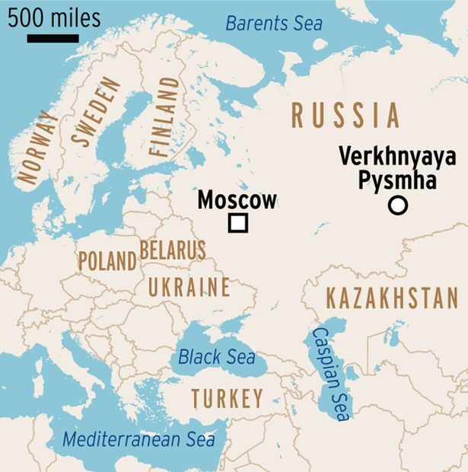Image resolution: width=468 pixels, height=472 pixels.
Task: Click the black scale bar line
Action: pyautogui.click(x=53, y=37)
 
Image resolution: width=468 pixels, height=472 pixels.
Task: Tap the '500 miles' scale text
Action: pyautogui.click(x=54, y=18)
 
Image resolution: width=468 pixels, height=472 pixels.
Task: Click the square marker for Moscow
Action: pyautogui.click(x=238, y=223)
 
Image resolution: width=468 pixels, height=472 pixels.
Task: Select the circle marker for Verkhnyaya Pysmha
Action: pyautogui.click(x=397, y=205)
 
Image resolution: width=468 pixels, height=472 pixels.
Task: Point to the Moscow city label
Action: pyautogui.click(x=237, y=200)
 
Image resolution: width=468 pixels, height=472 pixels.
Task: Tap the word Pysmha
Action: pyautogui.click(x=398, y=181)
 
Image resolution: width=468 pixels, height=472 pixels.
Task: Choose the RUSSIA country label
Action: pyautogui.click(x=345, y=115)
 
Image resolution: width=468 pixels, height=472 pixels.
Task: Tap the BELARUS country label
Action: pyautogui.click(x=173, y=250)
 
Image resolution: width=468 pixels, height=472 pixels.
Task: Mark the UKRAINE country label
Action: pyautogui.click(x=189, y=287)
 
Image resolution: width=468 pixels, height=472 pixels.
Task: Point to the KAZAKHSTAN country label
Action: pyautogui.click(x=392, y=298)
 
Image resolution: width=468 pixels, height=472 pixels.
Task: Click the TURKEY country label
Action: pyautogui.click(x=227, y=397)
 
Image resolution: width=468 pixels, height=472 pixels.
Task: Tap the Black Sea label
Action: pyautogui.click(x=216, y=356)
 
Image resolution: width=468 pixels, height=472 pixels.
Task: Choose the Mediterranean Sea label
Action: pyautogui.click(x=138, y=439)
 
